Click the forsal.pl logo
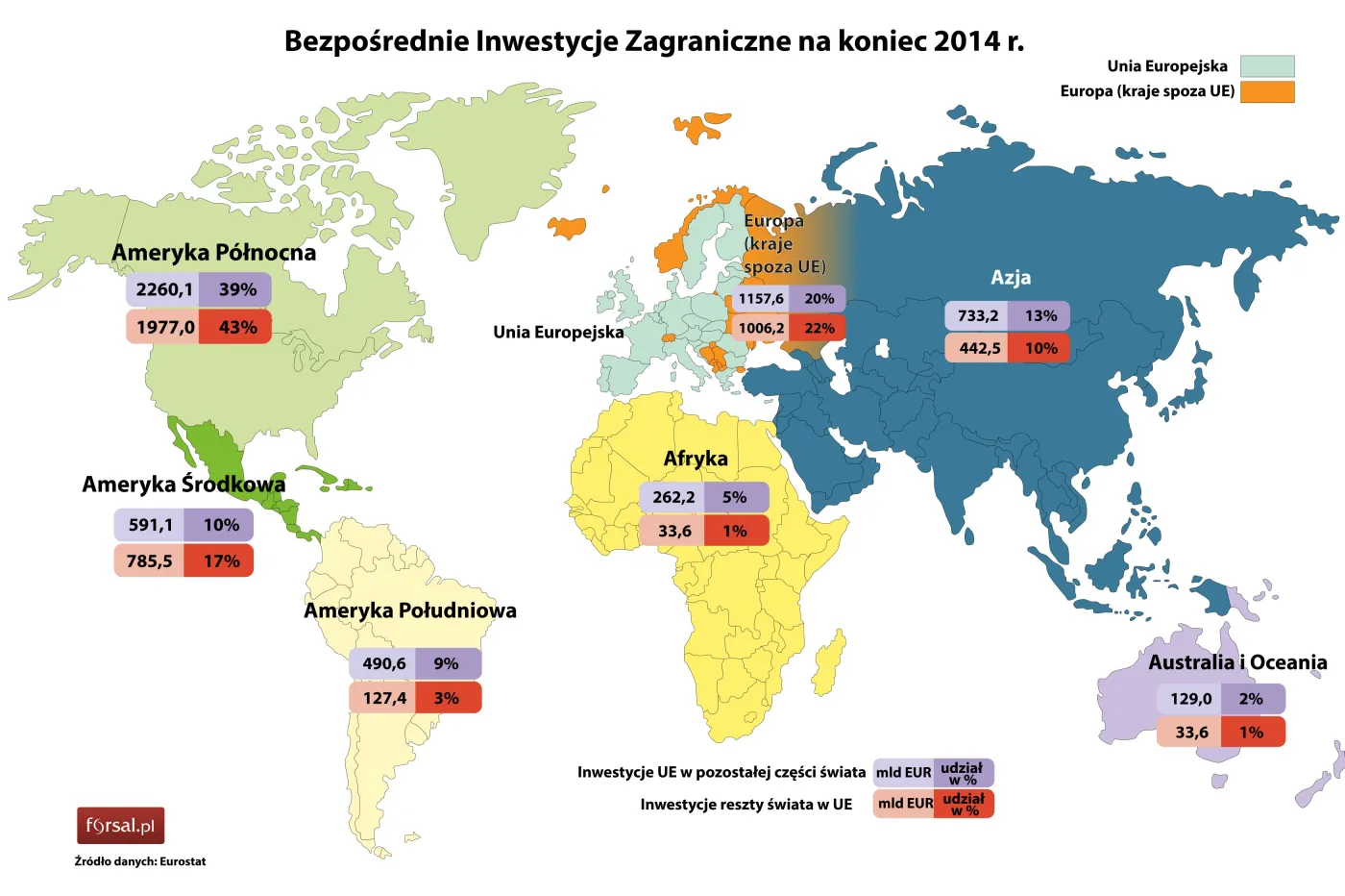click(120, 825)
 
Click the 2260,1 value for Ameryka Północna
click(163, 289)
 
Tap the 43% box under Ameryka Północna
click(236, 327)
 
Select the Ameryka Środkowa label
click(183, 484)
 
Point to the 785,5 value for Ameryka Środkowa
click(149, 560)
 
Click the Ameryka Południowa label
click(410, 610)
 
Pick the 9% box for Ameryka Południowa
click(447, 663)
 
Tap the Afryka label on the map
click(696, 459)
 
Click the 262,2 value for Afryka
click(672, 497)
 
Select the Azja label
click(1011, 278)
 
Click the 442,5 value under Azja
click(978, 348)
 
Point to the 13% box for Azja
click(1040, 315)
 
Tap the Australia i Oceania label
click(1237, 662)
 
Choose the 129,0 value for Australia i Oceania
click(1190, 699)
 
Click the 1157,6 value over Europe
click(760, 298)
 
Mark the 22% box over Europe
click(819, 328)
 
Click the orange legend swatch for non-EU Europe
click(1266, 91)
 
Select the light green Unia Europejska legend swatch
click(1266, 66)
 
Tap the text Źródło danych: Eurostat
click(140, 861)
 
